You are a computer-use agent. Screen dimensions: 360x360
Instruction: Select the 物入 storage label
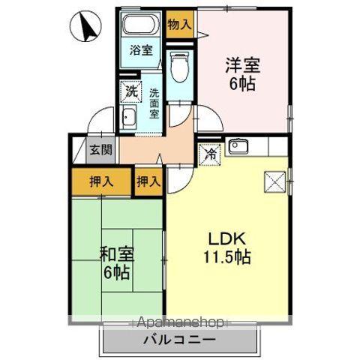[x=179, y=24]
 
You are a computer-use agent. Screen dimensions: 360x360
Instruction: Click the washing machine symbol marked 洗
[x=131, y=93]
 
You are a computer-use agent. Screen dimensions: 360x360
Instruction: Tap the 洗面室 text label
[x=153, y=104]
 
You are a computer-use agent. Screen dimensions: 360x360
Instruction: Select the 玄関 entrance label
[x=102, y=149]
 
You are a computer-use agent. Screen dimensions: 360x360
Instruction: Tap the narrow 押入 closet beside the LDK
[x=148, y=181]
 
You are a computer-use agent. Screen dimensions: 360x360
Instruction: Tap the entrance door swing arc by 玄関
[x=95, y=123]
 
